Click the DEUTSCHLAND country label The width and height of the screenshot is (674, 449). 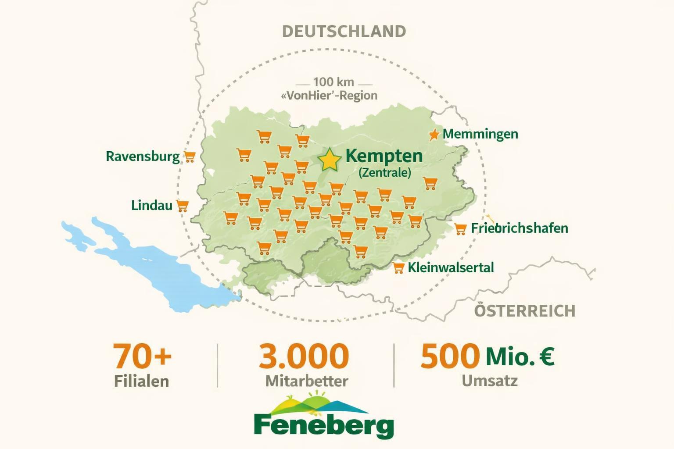point(344,32)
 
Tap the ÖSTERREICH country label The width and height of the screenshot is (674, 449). point(525,310)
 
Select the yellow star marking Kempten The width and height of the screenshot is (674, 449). point(329,160)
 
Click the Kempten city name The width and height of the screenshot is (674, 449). point(384,156)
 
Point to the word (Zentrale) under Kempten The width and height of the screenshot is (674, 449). point(385,172)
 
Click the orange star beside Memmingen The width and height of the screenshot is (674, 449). point(434,135)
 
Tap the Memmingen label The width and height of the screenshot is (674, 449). point(480,134)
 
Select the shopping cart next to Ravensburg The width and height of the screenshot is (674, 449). point(190,157)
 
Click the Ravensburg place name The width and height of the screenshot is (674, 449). point(143,156)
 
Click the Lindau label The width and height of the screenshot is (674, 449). point(151,205)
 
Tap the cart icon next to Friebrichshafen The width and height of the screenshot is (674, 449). point(460,229)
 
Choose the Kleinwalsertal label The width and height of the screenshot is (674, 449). point(451,267)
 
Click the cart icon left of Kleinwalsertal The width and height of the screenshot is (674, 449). point(398,268)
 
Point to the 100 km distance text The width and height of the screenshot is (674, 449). point(333,82)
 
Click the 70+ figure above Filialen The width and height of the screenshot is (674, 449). point(142,356)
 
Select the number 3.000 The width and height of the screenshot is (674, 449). point(304,356)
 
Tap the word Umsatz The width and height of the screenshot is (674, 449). point(489,381)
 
